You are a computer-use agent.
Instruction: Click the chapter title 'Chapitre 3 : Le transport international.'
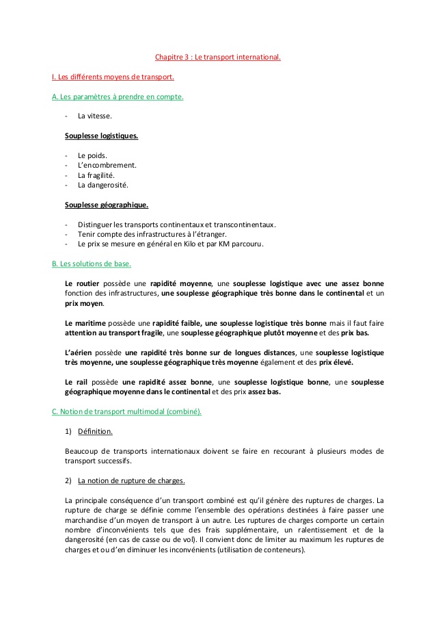[x=217, y=57]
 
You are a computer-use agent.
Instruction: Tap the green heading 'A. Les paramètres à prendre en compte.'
[x=118, y=96]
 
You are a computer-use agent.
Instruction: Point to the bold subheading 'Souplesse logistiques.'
[x=101, y=136]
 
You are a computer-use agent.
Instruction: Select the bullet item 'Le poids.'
[x=92, y=155]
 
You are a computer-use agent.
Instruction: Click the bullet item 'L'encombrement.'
[x=107, y=165]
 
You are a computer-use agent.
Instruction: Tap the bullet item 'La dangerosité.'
[x=103, y=184]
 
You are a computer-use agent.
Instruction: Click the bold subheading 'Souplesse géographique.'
[x=107, y=204]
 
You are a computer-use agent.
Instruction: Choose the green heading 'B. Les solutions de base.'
[x=92, y=263]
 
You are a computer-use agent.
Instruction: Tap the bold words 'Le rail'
[x=77, y=382]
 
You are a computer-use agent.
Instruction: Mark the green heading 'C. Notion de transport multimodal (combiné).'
[x=126, y=411]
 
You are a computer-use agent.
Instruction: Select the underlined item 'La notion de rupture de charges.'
[x=131, y=480]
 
